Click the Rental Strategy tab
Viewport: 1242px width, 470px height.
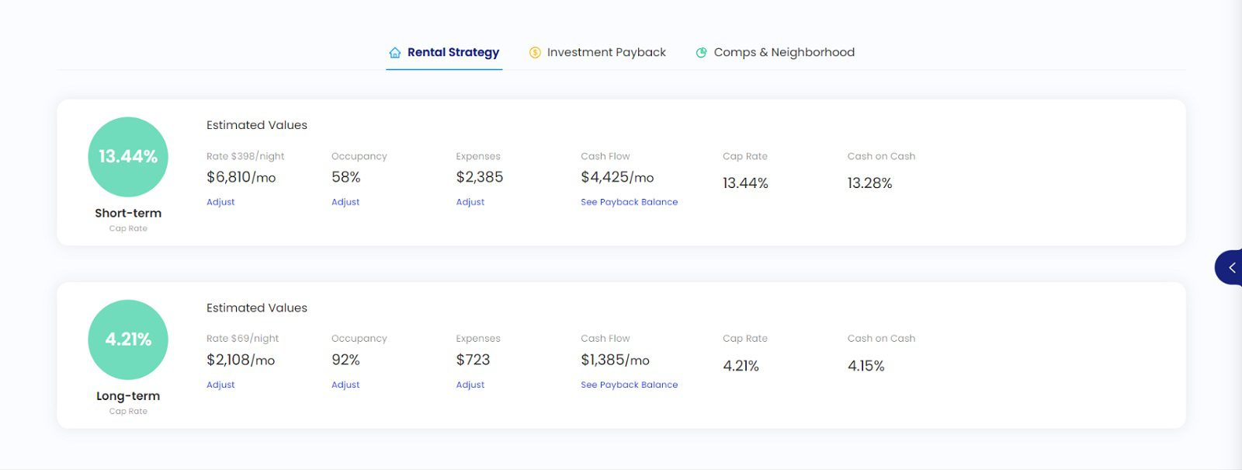point(453,52)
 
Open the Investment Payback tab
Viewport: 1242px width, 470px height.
point(605,52)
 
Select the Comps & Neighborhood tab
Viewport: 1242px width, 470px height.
point(783,52)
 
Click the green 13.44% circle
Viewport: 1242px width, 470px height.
point(128,157)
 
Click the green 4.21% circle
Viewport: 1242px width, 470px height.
point(128,339)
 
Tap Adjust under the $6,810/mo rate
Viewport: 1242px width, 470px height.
point(220,202)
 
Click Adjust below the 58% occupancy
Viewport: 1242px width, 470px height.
point(345,202)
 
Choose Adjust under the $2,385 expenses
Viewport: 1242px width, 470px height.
point(470,202)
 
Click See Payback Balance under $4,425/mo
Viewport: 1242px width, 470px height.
point(629,202)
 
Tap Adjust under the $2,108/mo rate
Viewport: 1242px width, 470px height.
point(220,385)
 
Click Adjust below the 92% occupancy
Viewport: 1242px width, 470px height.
point(345,385)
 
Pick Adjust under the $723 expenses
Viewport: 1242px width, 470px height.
point(470,385)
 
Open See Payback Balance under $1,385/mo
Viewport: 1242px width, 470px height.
point(629,385)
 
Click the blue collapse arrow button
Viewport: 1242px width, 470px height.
point(1230,267)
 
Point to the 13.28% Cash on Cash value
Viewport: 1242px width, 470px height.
point(869,183)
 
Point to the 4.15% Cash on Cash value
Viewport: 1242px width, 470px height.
point(866,366)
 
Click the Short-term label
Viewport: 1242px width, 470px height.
point(128,213)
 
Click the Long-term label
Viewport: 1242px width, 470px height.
point(128,395)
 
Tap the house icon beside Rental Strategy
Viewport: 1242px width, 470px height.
point(395,53)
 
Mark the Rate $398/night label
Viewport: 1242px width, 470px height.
point(245,156)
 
